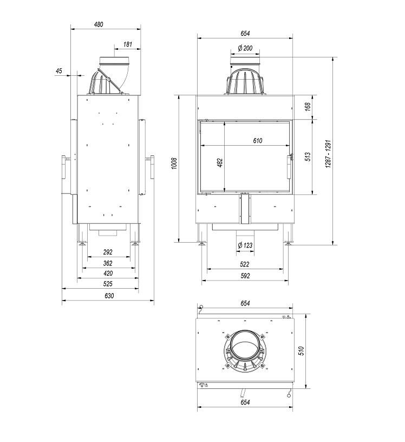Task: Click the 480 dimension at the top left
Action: pos(99,24)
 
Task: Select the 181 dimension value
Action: pos(128,44)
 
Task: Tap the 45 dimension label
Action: pos(58,71)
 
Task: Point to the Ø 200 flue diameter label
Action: pos(245,48)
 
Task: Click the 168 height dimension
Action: pos(308,107)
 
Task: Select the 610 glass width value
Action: pos(258,140)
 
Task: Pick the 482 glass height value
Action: pos(220,162)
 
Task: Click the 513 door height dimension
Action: pos(308,157)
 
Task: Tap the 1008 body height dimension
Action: pos(174,163)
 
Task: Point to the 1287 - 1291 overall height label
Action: pos(328,154)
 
